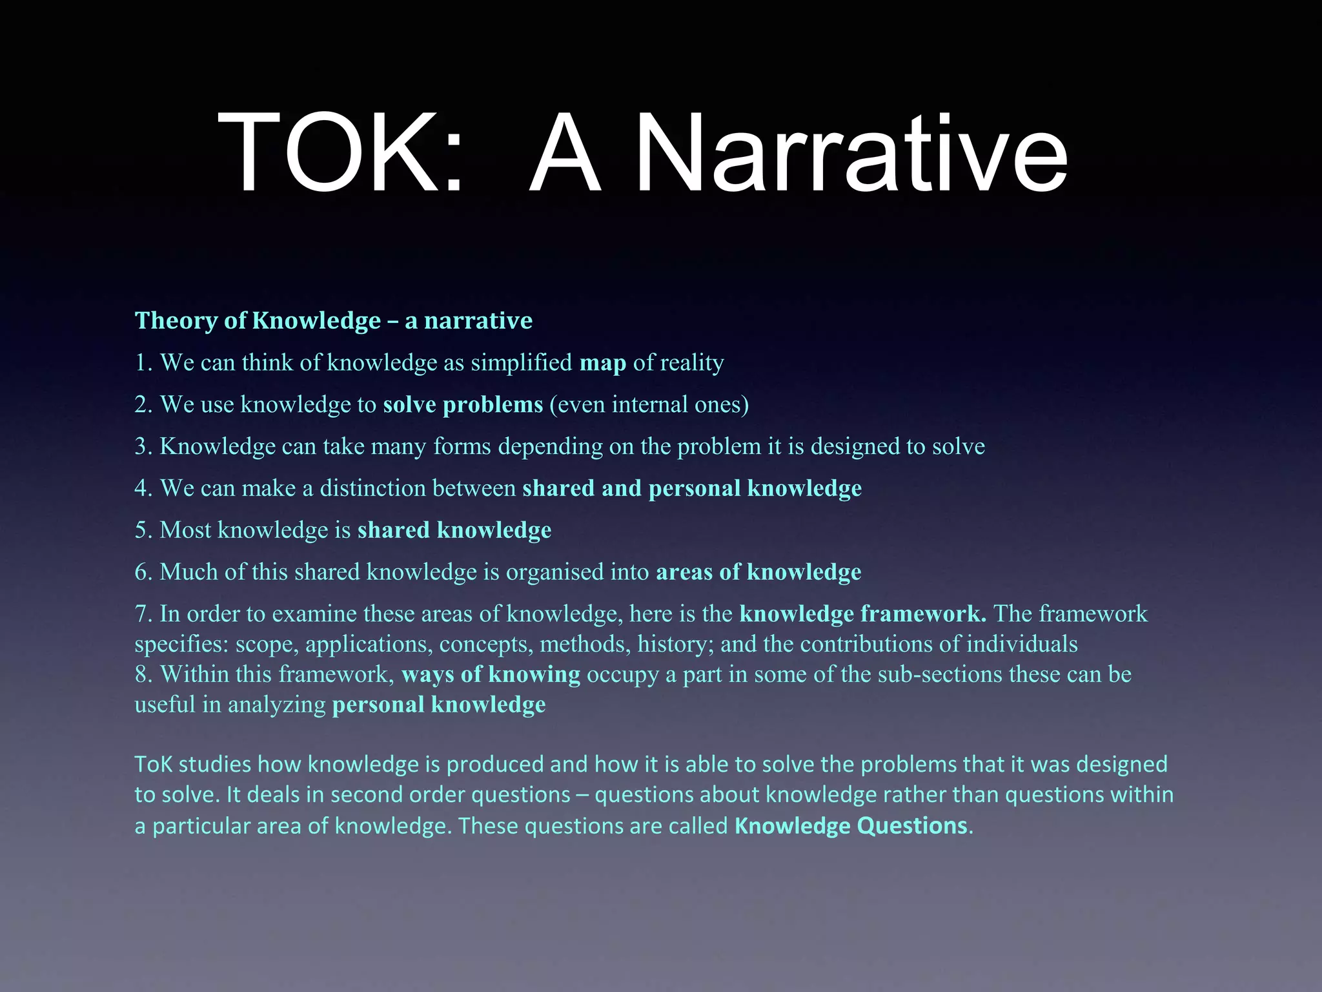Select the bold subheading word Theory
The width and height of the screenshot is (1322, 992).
click(x=176, y=320)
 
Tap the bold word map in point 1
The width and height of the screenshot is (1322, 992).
click(x=602, y=363)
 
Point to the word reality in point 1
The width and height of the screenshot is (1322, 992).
click(x=691, y=363)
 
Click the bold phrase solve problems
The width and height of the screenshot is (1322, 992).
click(x=463, y=405)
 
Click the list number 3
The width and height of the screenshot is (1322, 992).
click(x=143, y=446)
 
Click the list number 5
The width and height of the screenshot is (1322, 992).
click(x=143, y=530)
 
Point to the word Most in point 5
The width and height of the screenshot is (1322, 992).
click(x=185, y=530)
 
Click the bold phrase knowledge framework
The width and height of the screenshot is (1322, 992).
click(x=862, y=614)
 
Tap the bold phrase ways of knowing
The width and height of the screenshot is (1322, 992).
click(x=491, y=674)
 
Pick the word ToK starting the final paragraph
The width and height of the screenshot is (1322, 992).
click(x=153, y=765)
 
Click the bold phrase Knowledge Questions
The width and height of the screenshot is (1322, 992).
click(x=850, y=826)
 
